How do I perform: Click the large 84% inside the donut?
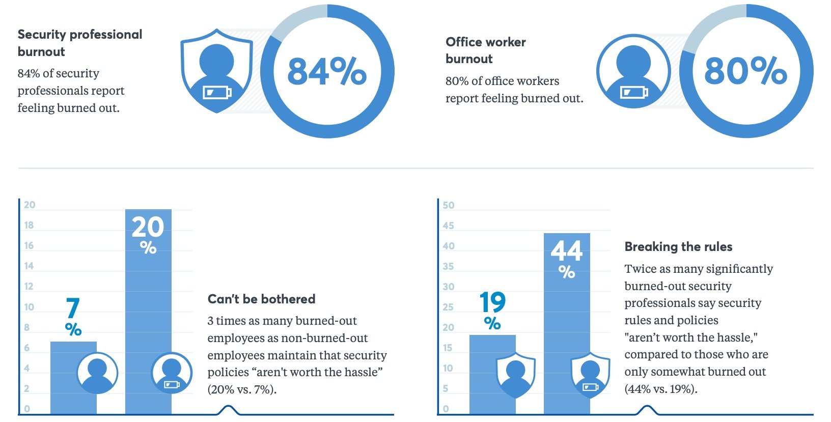pos(327,71)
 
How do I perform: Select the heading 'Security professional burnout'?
pos(80,43)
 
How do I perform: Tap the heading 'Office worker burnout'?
pos(486,50)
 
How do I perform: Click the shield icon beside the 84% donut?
pos(217,70)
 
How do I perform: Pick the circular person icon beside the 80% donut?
pos(633,71)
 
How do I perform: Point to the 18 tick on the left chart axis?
pos(29,225)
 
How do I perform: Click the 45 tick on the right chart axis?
pos(448,226)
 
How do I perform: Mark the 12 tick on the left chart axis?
pos(29,286)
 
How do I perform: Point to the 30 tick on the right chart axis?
pos(448,287)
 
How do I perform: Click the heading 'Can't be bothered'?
pos(261,299)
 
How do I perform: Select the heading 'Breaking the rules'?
pos(678,247)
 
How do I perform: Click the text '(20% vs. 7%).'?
pos(242,389)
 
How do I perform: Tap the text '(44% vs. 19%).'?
pos(661,389)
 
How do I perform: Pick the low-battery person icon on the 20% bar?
pos(172,373)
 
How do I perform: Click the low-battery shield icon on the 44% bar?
pos(590,375)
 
